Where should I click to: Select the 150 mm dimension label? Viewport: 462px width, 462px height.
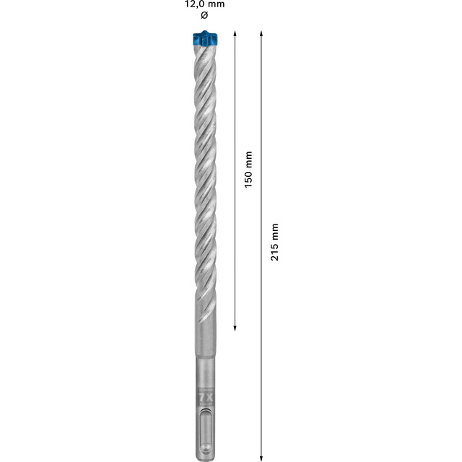pyautogui.click(x=248, y=170)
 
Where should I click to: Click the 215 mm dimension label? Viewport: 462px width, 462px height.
pyautogui.click(x=274, y=243)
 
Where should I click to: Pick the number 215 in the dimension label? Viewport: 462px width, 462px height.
pyautogui.click(x=274, y=252)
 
